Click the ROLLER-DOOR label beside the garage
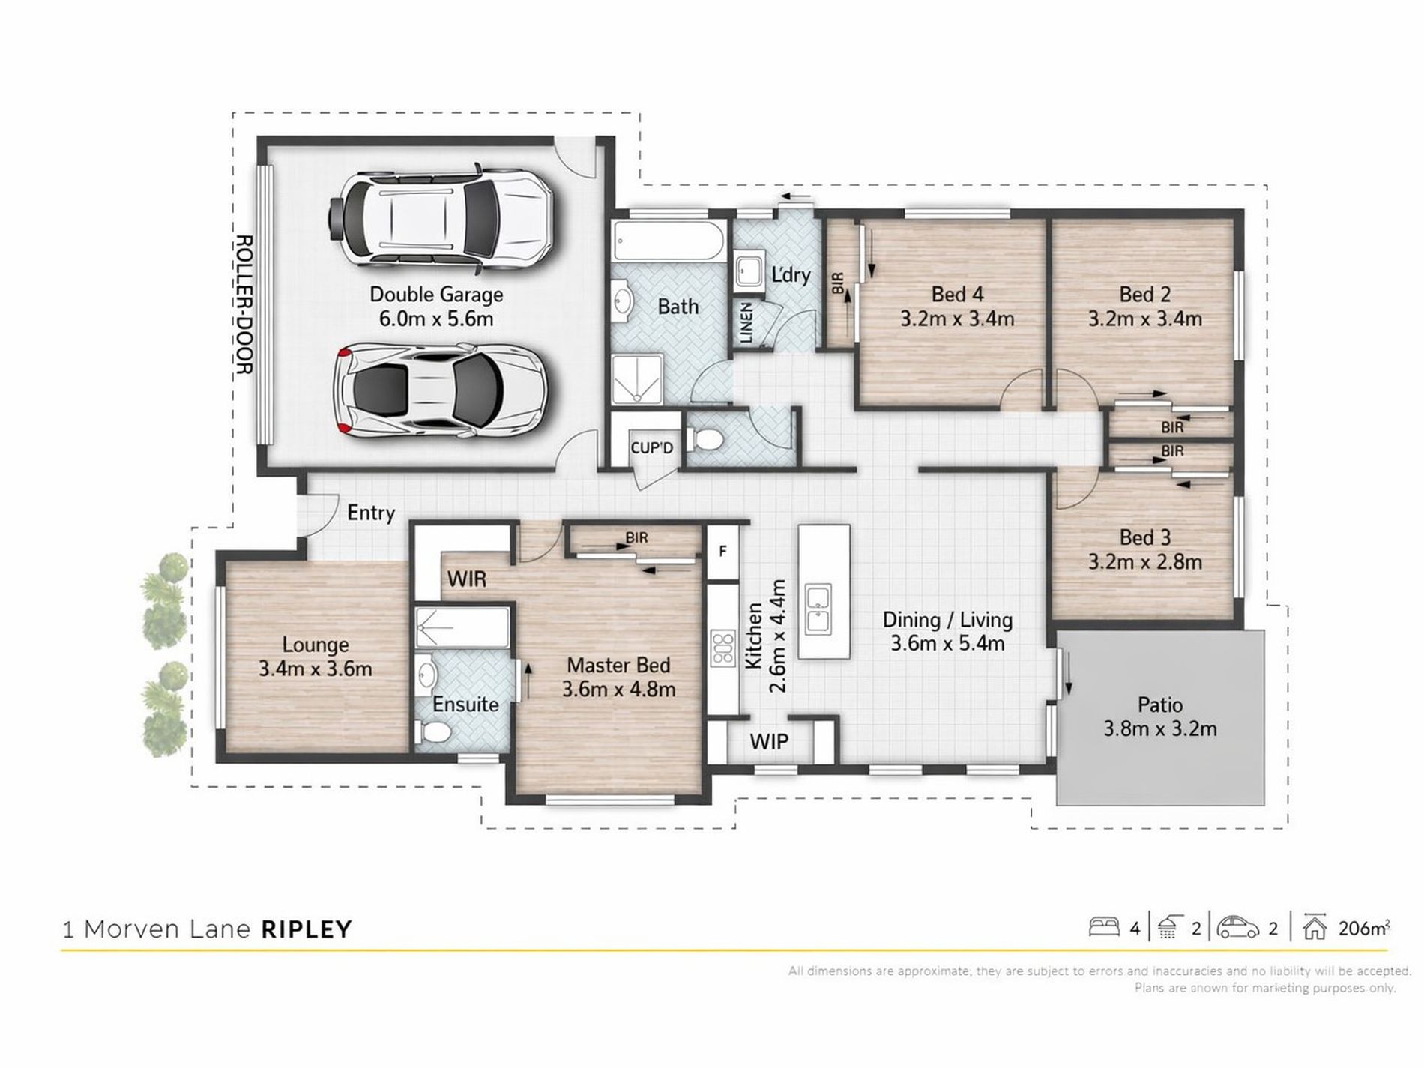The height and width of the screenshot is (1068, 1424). tap(244, 304)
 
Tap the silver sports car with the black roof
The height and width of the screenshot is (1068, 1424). tap(442, 390)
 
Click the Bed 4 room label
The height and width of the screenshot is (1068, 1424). tap(956, 295)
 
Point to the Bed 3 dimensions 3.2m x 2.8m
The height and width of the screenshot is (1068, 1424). tap(1144, 562)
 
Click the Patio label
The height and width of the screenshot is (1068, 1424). tap(1159, 705)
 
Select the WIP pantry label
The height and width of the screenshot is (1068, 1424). tap(769, 742)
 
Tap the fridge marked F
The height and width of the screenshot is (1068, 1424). tap(722, 551)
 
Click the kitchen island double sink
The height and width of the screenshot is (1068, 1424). tap(818, 609)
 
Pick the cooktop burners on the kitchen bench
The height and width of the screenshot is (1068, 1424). tap(722, 648)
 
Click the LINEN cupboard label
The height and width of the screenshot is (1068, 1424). tap(746, 323)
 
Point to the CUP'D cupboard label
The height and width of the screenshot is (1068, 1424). tap(651, 448)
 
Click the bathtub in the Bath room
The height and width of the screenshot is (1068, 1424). tap(668, 241)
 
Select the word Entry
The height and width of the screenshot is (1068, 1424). tap(371, 513)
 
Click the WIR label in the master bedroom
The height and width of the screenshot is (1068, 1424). tap(467, 579)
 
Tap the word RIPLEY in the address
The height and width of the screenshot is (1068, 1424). tap(306, 929)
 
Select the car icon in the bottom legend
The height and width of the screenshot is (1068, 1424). tap(1237, 928)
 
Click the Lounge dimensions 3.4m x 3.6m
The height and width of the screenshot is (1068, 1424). tap(316, 669)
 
